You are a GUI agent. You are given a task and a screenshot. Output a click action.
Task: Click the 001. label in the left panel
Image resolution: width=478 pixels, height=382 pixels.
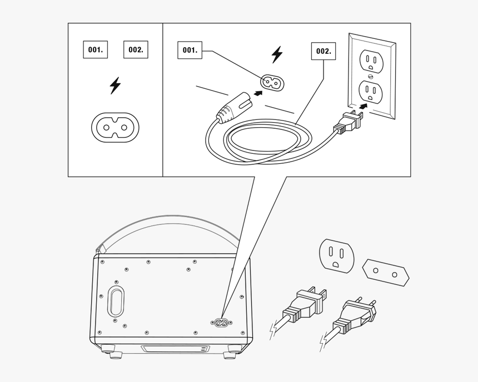coord(96,49)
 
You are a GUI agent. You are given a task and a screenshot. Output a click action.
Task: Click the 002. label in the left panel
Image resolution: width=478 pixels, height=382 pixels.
coord(136,49)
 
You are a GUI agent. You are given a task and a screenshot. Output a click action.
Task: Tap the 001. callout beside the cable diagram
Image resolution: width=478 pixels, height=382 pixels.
coord(190,50)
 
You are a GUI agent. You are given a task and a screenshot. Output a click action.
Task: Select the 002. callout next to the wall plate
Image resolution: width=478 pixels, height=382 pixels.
coord(323,51)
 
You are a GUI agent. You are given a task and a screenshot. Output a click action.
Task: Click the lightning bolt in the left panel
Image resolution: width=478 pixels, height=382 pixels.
coord(115,86)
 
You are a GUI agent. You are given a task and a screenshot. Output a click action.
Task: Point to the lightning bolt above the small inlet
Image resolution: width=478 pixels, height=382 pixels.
coord(277,54)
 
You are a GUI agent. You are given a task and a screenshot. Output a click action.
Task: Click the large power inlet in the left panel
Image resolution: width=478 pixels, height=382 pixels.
coord(115,127)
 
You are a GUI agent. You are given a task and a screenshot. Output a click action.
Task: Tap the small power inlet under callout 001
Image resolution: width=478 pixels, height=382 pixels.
coord(272,82)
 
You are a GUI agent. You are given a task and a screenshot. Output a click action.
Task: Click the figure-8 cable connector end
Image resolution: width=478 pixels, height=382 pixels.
coord(235,108)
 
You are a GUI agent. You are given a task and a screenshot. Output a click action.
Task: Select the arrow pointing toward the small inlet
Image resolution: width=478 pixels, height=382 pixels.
coord(258,93)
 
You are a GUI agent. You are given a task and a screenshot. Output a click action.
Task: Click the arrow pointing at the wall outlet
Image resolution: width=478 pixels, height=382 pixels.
coord(363,106)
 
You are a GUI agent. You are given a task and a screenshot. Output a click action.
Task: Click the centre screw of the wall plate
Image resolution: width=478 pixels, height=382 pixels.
coord(371,76)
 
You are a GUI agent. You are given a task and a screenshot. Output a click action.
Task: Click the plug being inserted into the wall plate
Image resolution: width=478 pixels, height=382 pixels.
coord(350,123)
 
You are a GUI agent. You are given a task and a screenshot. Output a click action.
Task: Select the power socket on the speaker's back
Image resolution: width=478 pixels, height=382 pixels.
coord(221,323)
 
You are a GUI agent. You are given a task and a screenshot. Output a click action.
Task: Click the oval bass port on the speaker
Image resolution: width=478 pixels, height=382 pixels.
coord(116,303)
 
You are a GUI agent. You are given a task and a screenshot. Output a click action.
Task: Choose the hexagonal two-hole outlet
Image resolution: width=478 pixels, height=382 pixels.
coord(386,273)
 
